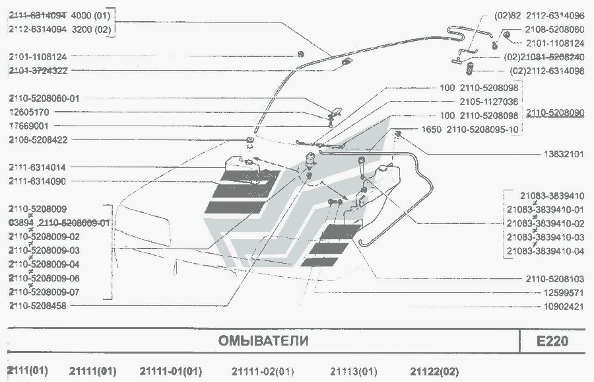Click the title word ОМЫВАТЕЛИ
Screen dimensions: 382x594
pos(263,342)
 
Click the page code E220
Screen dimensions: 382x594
pos(552,342)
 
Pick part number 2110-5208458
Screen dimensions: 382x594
pos(42,306)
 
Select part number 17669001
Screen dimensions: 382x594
pos(33,126)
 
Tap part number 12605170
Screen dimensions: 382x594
pos(33,112)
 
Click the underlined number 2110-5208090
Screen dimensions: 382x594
pos(555,113)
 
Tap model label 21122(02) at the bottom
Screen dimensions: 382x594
pos(434,371)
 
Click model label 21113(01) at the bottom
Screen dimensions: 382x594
pos(354,371)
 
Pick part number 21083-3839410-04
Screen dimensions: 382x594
pos(545,251)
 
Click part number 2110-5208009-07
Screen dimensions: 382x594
pos(44,292)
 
